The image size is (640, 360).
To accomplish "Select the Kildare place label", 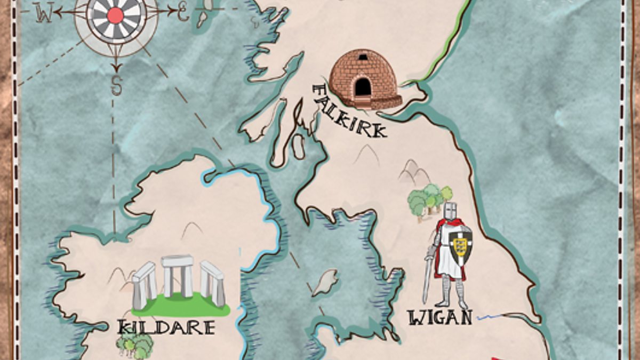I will click(x=166, y=326).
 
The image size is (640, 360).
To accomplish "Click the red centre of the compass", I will click(x=115, y=15).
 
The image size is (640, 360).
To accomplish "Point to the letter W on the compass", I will click(x=44, y=14).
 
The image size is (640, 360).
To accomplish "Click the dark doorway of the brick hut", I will click(x=364, y=86).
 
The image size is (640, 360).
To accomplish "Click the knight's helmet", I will click(x=451, y=211).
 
